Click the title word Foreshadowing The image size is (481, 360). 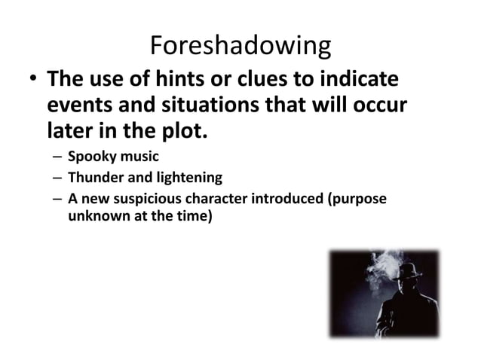240,47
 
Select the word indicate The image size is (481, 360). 365,81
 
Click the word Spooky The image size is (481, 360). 89,158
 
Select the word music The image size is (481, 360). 136,158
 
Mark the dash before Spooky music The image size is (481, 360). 57,159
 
